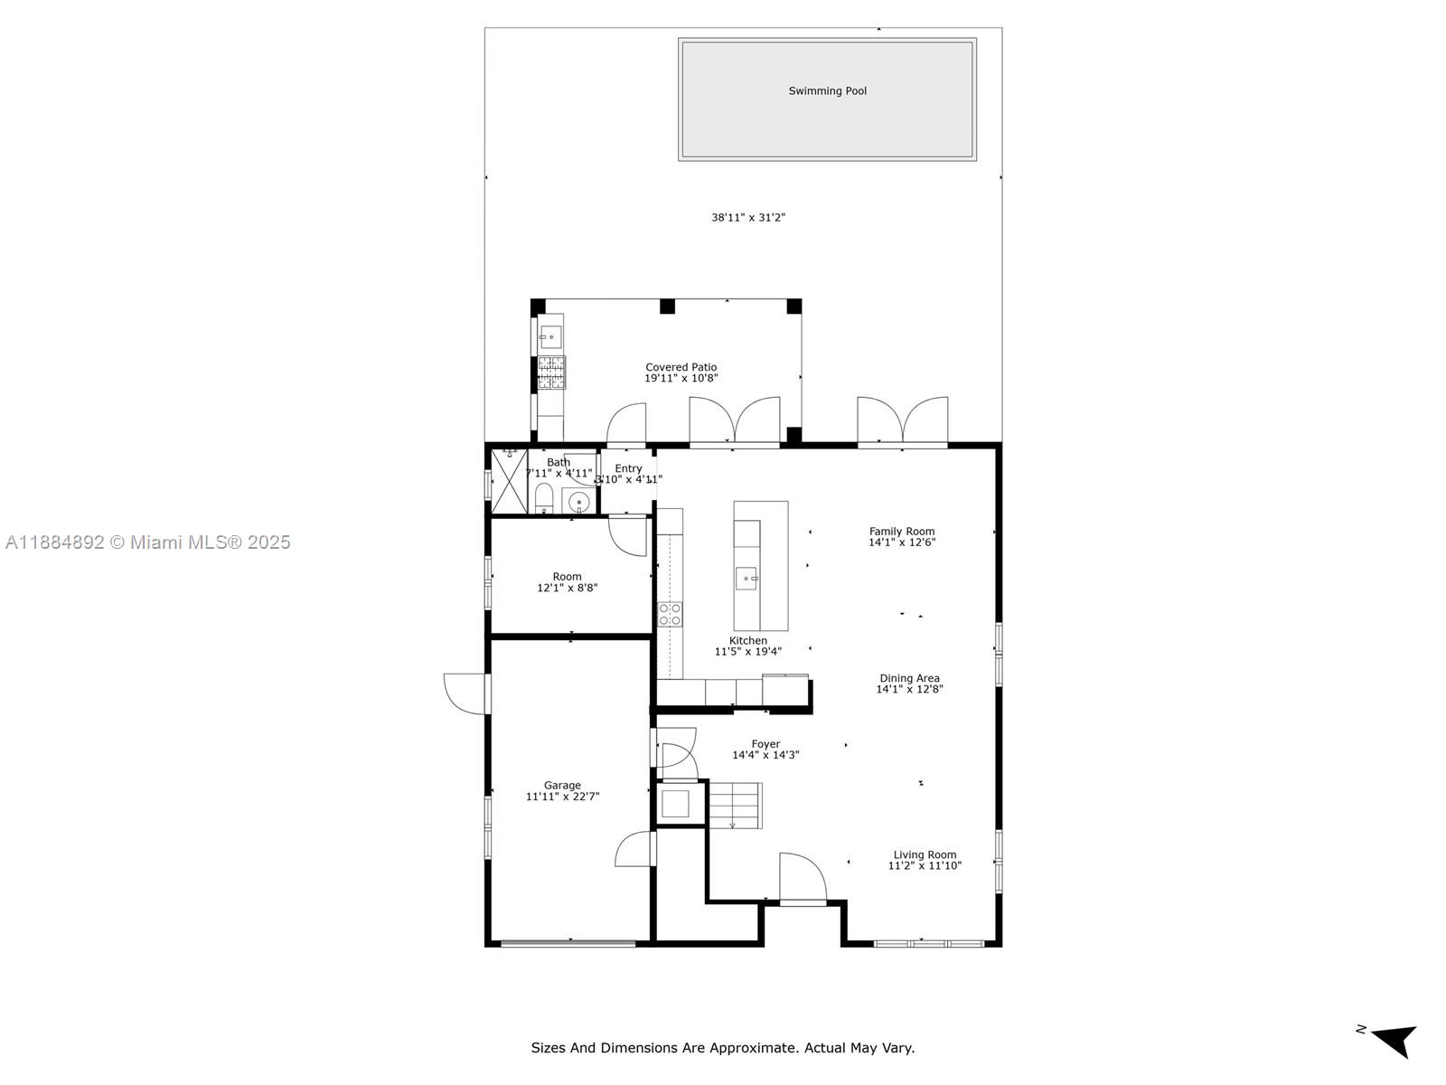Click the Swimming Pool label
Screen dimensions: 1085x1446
[x=827, y=91]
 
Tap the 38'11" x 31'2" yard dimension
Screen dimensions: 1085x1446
[x=747, y=218]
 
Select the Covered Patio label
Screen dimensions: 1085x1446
[x=681, y=367]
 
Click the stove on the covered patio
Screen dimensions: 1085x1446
[x=551, y=373]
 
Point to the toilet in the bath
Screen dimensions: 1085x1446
[x=544, y=496]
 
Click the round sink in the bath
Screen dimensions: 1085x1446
[x=578, y=502]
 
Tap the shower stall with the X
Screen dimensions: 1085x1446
[x=509, y=480]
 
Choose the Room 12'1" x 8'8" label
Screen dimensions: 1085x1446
[x=567, y=582]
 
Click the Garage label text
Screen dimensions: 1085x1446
[x=562, y=786]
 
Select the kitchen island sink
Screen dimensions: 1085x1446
[x=746, y=578]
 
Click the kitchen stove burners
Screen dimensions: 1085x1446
[x=670, y=615]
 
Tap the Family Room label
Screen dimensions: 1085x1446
[x=901, y=532]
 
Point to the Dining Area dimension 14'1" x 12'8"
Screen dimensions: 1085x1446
[x=909, y=689]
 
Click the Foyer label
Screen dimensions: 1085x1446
[x=765, y=744]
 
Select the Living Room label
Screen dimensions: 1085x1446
[x=925, y=854]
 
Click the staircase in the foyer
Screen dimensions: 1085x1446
[x=734, y=805]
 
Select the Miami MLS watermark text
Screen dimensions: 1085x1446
[x=147, y=542]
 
